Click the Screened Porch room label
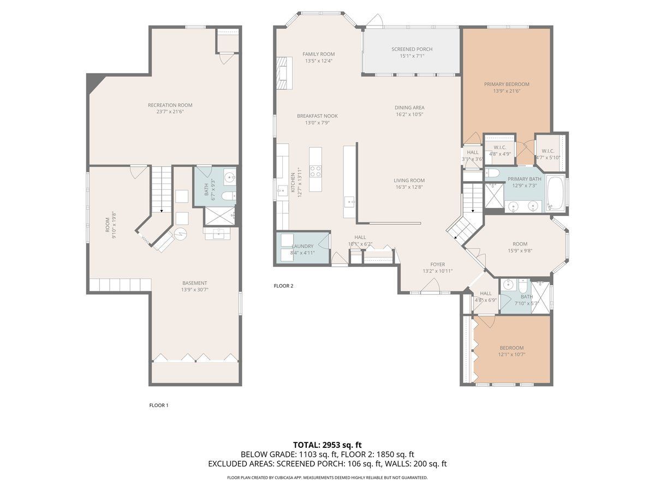point(412,49)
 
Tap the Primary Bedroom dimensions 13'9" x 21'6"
point(507,91)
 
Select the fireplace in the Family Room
point(284,73)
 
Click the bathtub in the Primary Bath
point(555,194)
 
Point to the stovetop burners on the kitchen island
point(315,171)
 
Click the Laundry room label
point(302,246)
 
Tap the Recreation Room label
point(170,105)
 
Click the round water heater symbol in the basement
point(180,233)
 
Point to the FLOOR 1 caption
point(159,405)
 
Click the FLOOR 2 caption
point(283,286)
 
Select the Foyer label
point(437,265)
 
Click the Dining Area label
point(409,107)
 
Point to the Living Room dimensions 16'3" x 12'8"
point(409,187)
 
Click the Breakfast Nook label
point(317,116)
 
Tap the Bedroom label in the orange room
point(511,348)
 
